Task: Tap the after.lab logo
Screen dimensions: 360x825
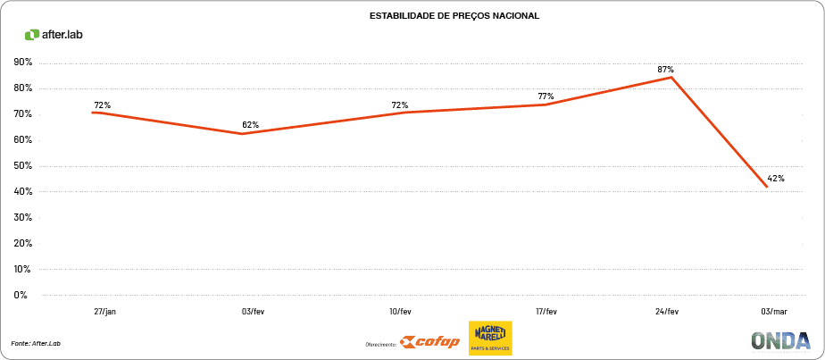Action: [x=54, y=35]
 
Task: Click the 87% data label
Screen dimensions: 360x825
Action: [x=665, y=69]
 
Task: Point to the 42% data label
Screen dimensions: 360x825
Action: [x=776, y=179]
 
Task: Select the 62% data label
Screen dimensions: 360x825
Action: [x=250, y=124]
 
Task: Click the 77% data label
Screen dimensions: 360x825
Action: [x=546, y=96]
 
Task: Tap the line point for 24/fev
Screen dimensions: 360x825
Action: [x=671, y=78]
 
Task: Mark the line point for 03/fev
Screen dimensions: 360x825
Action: [x=242, y=134]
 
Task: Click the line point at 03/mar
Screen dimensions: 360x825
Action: [x=766, y=186]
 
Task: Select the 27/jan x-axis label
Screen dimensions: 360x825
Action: [x=104, y=312]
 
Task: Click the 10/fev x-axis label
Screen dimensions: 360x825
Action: [x=400, y=312]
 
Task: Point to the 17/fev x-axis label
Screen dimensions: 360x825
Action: [x=546, y=312]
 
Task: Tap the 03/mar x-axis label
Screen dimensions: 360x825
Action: [x=773, y=312]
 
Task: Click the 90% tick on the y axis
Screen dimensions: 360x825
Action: [x=23, y=63]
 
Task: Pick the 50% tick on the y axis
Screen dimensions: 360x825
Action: [x=23, y=166]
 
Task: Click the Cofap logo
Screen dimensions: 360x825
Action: [x=429, y=340]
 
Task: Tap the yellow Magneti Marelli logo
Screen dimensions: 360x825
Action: [x=490, y=339]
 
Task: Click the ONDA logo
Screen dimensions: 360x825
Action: [x=780, y=340]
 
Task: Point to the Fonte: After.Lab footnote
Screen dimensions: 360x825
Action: [x=36, y=343]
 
